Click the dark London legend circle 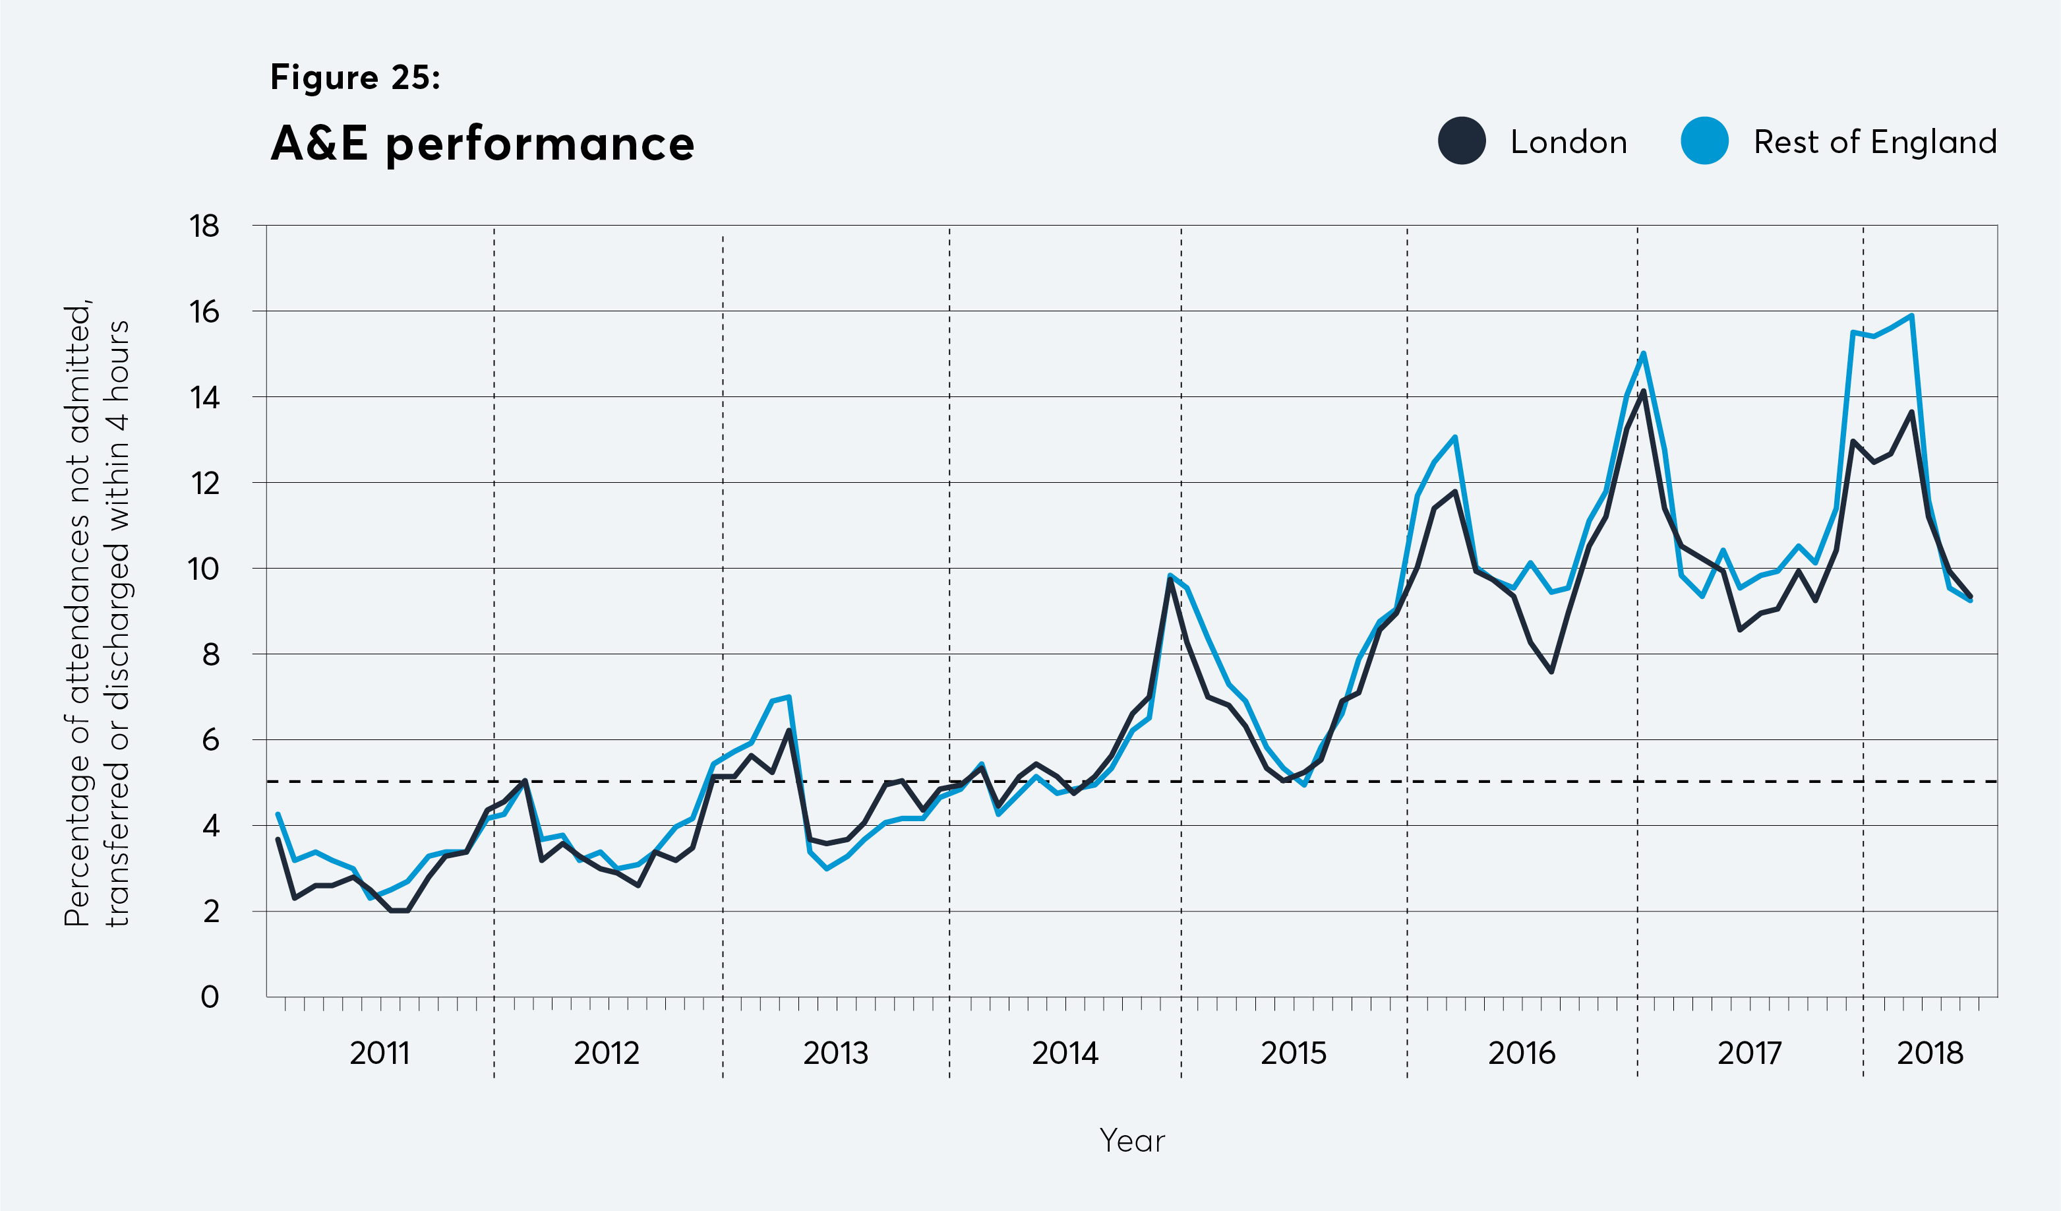coord(1462,140)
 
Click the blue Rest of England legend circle coord(1704,140)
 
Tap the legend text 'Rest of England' coord(1874,142)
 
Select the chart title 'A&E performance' coord(483,144)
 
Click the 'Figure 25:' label coord(355,77)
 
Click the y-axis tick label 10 coord(204,569)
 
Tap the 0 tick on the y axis coord(210,997)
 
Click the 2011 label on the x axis coord(380,1053)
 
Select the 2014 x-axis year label coord(1064,1053)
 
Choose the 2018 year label coord(1930,1053)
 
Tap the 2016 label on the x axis coord(1521,1053)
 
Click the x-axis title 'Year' coord(1132,1140)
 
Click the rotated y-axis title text coord(96,613)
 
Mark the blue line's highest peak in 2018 coord(1911,315)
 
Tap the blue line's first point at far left coord(278,814)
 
